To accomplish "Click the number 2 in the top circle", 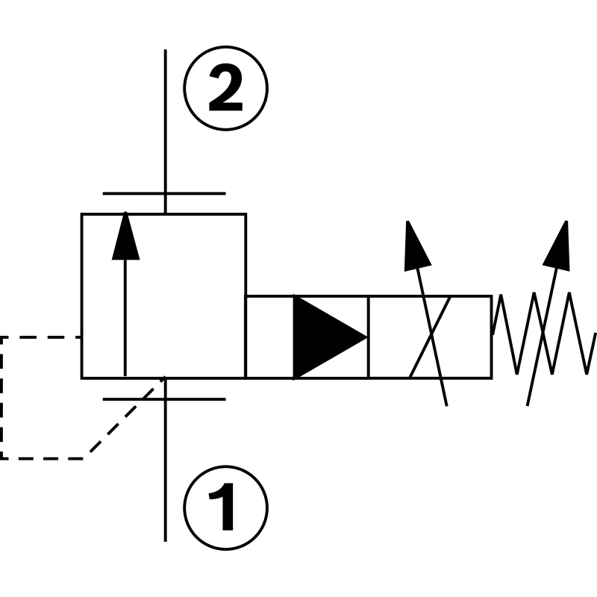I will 225,90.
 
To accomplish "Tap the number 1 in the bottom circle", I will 225,507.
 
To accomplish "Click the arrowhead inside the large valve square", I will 125,237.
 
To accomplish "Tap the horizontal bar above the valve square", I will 164,194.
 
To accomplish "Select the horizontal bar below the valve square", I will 164,399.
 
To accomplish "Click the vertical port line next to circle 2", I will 165,119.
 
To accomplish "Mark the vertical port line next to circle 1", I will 165,478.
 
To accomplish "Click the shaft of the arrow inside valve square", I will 125,321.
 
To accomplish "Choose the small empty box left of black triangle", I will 269,337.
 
